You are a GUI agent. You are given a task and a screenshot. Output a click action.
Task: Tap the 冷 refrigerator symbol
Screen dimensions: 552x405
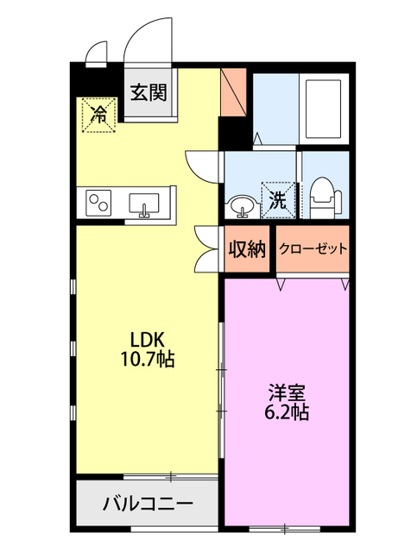100,114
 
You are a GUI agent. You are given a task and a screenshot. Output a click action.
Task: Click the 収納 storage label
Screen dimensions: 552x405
246,249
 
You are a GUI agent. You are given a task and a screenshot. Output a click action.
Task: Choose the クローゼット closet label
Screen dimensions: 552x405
313,249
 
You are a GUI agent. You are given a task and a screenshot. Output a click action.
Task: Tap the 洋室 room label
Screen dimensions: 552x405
285,391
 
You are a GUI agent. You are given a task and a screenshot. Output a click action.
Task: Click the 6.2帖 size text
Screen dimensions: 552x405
285,411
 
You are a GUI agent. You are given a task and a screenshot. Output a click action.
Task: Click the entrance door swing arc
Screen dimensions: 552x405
142,41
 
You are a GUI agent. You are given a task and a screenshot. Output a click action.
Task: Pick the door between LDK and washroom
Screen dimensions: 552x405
201,164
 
